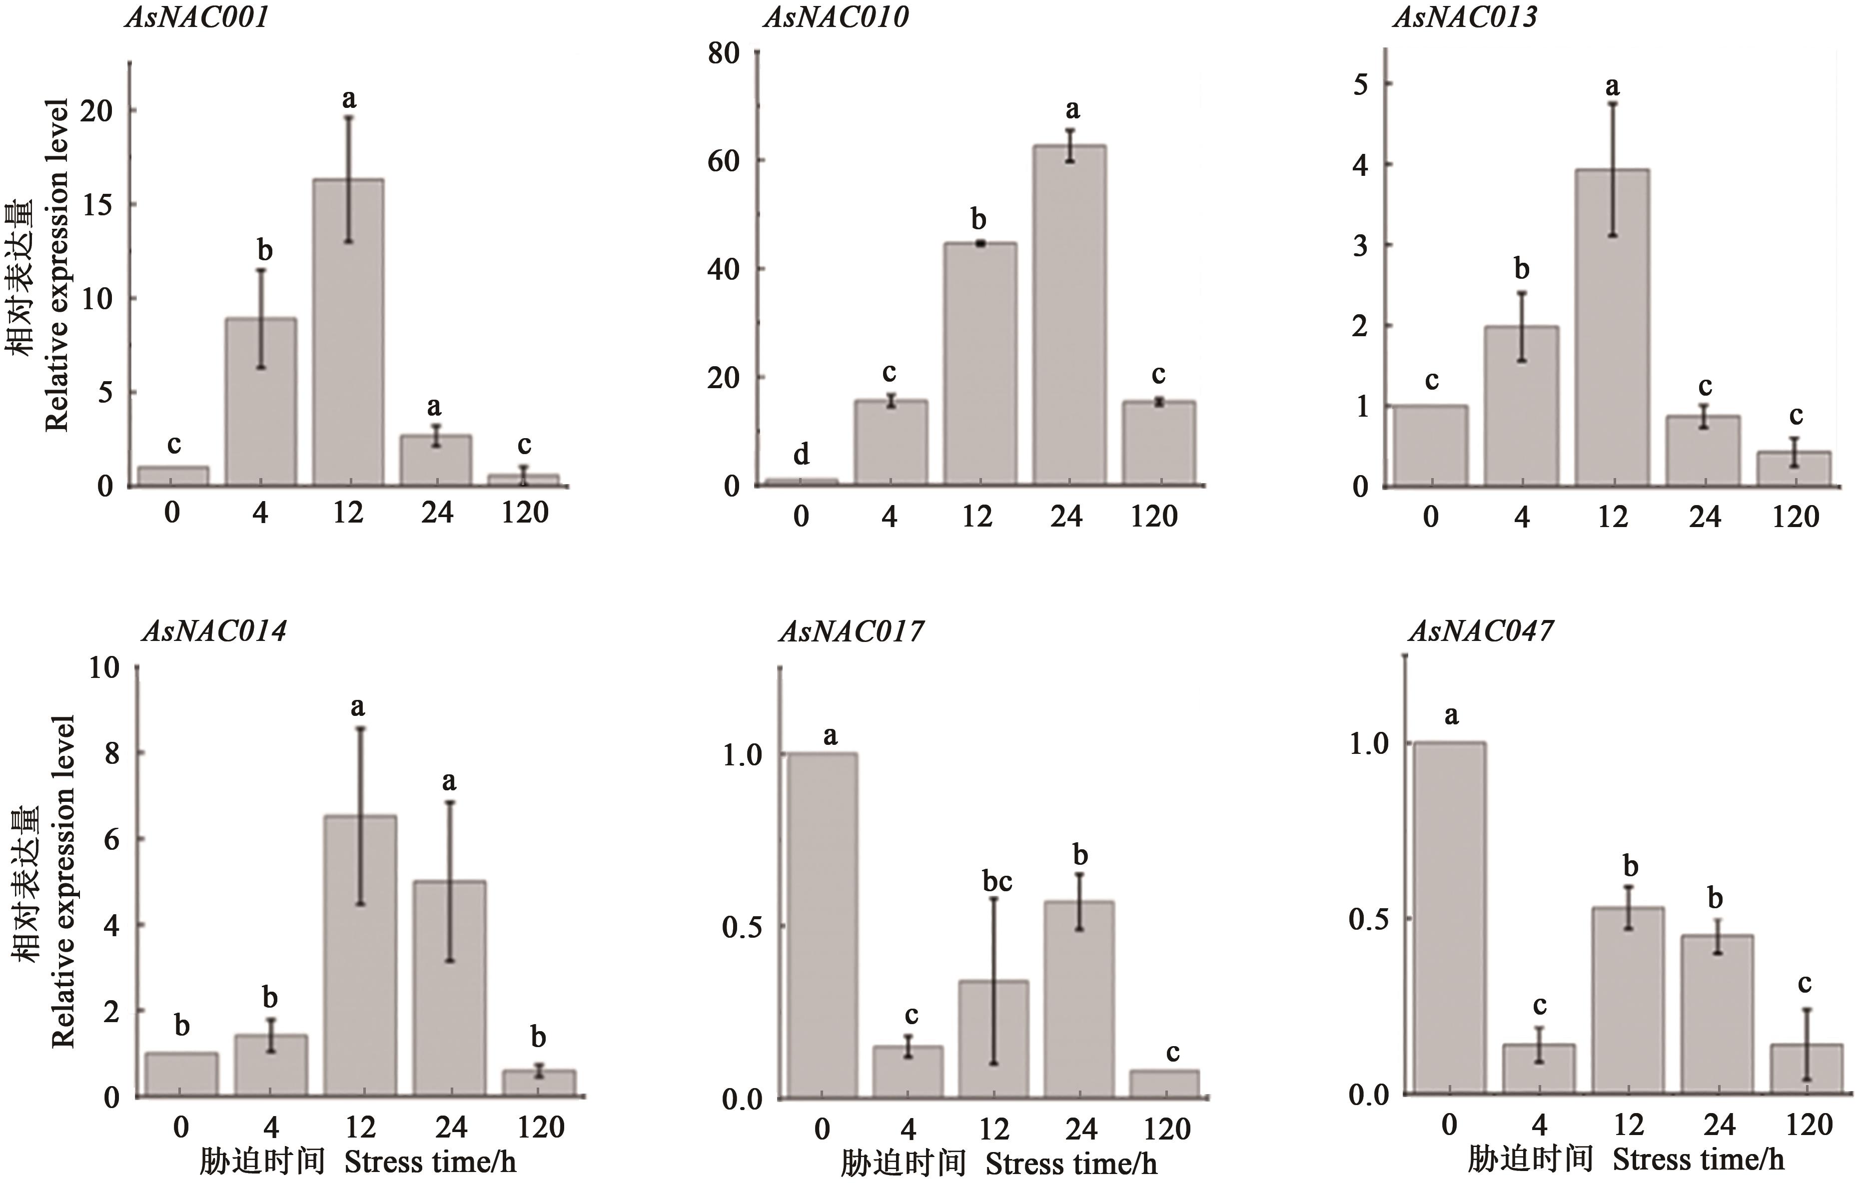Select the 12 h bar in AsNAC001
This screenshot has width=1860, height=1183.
point(348,332)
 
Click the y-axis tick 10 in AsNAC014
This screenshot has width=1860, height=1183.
point(105,667)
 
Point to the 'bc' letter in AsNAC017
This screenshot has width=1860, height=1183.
point(996,882)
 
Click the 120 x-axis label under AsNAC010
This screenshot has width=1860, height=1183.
point(1154,516)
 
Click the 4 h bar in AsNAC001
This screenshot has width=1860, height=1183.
point(261,402)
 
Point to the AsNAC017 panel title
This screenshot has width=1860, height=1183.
point(851,631)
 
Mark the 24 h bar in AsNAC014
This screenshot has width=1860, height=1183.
point(449,988)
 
